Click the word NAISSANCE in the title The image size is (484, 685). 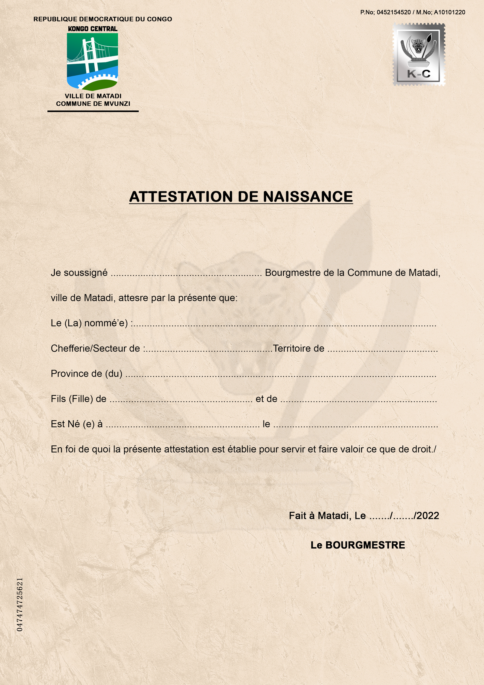tap(308, 197)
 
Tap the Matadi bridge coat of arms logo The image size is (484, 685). tap(92, 62)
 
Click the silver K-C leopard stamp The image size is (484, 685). tap(419, 54)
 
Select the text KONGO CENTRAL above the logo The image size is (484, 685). tap(93, 29)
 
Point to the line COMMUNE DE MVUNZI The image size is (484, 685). tap(93, 104)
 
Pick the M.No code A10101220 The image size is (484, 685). tap(450, 12)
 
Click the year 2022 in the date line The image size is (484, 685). tap(428, 516)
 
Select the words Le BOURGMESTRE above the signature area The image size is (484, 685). tap(358, 545)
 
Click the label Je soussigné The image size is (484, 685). tap(79, 273)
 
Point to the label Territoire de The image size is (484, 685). tap(299, 348)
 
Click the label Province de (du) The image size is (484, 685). tap(87, 374)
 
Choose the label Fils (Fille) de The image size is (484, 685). tap(79, 399)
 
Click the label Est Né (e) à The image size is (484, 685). tap(77, 424)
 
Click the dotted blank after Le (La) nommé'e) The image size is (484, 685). tap(284, 324)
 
